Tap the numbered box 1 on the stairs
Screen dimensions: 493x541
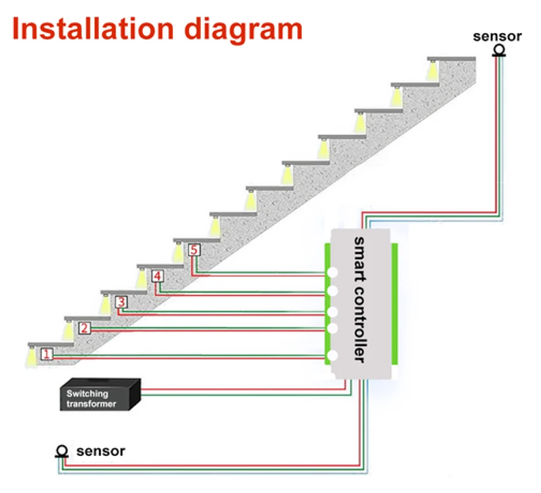click(x=47, y=355)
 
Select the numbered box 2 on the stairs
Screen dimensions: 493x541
click(x=84, y=328)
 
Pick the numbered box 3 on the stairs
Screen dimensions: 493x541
click(x=121, y=302)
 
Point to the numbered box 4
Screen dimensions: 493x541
click(x=157, y=277)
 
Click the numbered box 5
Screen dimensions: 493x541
click(x=194, y=251)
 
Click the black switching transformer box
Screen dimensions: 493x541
click(x=100, y=395)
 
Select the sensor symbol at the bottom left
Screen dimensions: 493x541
click(x=62, y=450)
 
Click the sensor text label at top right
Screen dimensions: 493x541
click(x=497, y=37)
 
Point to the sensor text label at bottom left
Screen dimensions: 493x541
click(x=101, y=450)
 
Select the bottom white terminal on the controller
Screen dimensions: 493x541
click(x=333, y=356)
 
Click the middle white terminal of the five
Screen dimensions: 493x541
click(x=333, y=312)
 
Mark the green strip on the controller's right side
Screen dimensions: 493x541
click(x=394, y=303)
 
